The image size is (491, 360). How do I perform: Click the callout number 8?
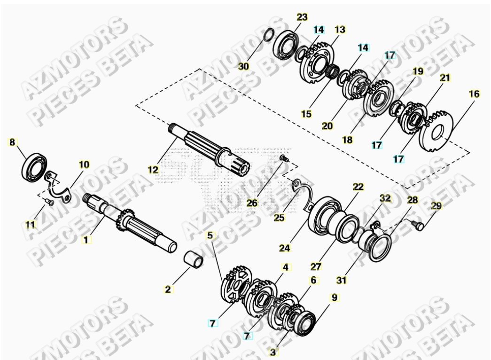tap(13, 141)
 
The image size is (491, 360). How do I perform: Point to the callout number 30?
tap(243, 66)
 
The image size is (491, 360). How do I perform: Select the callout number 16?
tap(474, 94)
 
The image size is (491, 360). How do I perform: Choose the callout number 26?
tap(252, 203)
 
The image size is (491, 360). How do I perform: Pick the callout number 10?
tap(84, 164)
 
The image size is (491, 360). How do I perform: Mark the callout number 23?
tap(302, 17)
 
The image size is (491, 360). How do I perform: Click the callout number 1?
tap(86, 240)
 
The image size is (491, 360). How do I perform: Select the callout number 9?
tap(334, 297)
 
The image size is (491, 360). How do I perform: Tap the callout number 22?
tap(359, 187)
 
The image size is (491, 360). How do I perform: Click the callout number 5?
tap(210, 235)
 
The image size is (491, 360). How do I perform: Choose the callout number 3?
tap(274, 351)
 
